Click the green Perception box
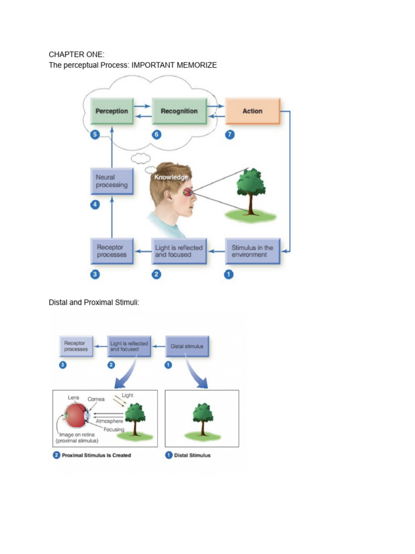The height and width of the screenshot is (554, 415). pos(112,111)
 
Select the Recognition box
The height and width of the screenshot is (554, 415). pos(179,111)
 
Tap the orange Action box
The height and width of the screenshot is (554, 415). pos(253,111)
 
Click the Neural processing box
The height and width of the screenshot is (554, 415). pos(112,181)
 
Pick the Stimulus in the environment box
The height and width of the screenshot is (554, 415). pos(253,251)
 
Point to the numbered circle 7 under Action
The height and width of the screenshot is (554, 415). pos(230,135)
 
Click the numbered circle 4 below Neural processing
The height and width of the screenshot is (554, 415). pos(95,205)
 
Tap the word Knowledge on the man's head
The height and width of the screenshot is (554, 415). pos(171,177)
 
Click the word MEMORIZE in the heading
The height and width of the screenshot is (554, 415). pos(197,65)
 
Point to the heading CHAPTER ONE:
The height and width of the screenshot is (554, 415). pos(77,55)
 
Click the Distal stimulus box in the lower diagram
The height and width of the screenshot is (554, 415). pos(187,346)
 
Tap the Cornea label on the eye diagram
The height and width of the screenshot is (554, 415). pos(96,399)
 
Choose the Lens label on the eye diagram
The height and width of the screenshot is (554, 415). pos(73,398)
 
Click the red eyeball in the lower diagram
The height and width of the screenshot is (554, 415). pos(75,416)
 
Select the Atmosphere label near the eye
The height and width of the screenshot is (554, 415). pos(109,421)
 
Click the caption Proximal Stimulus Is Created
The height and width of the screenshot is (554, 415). pos(96,456)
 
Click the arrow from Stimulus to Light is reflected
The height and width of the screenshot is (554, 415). pos(216,252)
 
